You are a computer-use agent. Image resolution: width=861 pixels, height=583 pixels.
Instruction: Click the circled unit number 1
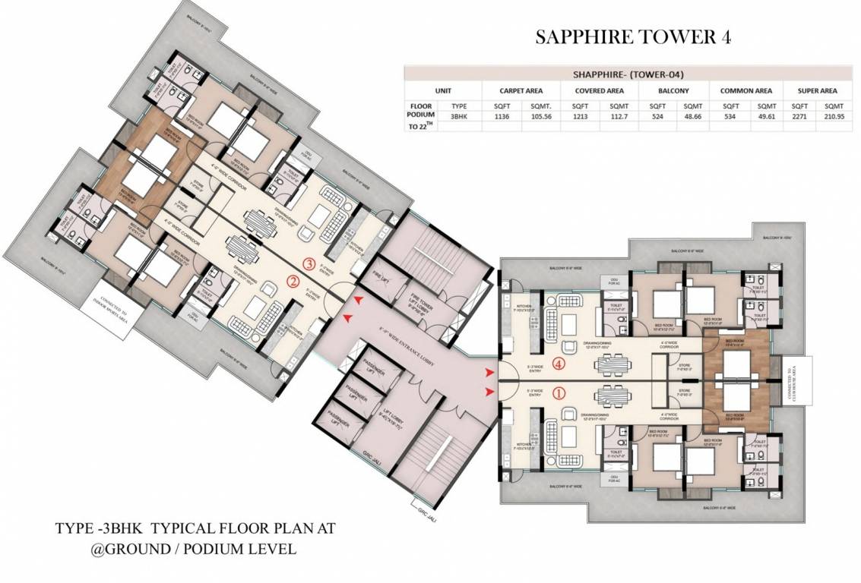(x=560, y=393)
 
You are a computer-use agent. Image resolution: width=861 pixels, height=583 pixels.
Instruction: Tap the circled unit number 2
(x=293, y=282)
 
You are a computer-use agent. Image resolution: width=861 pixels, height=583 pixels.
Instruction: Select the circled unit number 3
(x=309, y=264)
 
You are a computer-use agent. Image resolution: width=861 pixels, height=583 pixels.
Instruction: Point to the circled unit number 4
(x=560, y=364)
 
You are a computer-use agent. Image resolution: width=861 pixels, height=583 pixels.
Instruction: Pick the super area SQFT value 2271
(x=799, y=118)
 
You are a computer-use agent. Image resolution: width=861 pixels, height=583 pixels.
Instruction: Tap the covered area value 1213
(x=579, y=118)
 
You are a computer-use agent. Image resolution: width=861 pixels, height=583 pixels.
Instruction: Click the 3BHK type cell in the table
(x=459, y=118)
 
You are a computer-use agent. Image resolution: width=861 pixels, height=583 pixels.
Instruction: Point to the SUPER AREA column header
(x=817, y=90)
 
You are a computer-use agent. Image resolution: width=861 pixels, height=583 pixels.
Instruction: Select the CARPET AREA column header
(x=520, y=90)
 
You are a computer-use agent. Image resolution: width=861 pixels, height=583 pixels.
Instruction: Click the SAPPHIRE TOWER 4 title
(x=633, y=37)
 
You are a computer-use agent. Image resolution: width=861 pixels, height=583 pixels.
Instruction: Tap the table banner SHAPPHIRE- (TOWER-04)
(x=628, y=74)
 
